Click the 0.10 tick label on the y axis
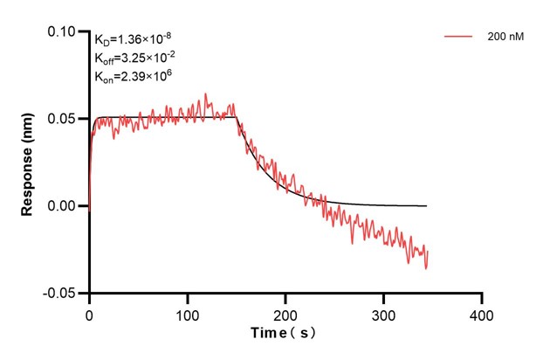[64, 31]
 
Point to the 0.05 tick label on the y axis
[64, 119]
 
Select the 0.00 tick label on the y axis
[64, 206]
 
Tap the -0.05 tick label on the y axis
[62, 294]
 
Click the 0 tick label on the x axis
[89, 314]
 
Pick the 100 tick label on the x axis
[188, 314]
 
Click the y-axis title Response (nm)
[28, 163]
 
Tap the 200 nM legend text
[505, 38]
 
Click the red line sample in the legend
[459, 38]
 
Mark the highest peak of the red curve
[206, 93]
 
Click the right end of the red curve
[428, 253]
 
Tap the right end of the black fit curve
[427, 206]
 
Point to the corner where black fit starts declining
[236, 117]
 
